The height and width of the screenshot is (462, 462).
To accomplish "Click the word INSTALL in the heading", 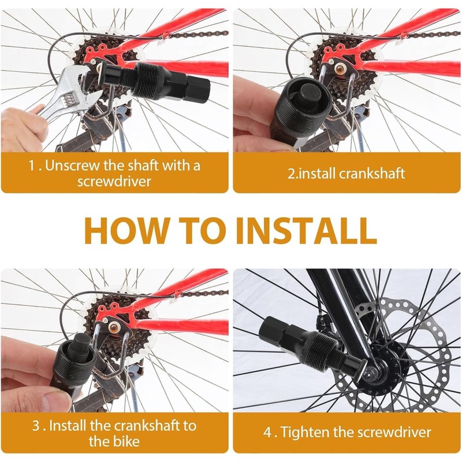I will [x=305, y=230].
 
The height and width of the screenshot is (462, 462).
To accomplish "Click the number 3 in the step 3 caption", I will [x=35, y=426].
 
